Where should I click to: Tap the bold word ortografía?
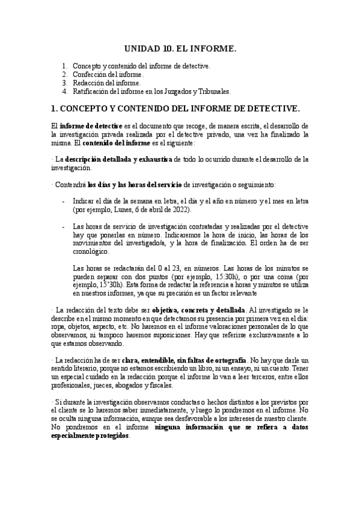click(x=227, y=359)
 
